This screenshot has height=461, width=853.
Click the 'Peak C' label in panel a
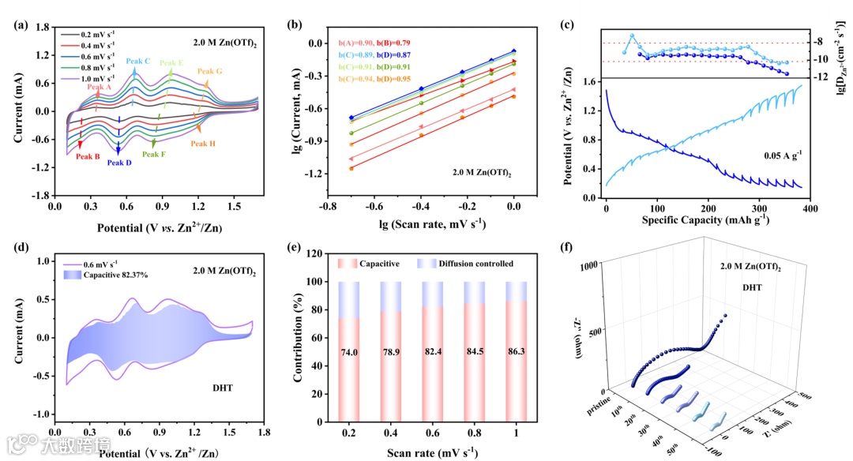coord(137,61)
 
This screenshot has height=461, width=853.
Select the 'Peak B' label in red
coord(88,156)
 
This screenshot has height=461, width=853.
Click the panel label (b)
coord(295,24)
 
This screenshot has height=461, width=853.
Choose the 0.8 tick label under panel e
coord(476,436)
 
